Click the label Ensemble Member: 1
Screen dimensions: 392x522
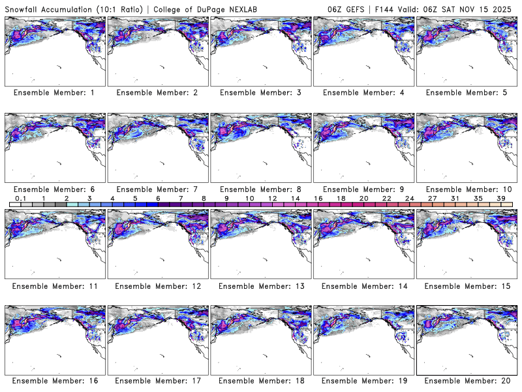point(54,93)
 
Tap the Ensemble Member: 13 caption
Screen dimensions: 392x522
point(260,286)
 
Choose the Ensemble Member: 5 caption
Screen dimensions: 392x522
point(466,93)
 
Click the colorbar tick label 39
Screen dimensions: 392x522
point(500,198)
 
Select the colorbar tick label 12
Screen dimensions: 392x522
point(272,198)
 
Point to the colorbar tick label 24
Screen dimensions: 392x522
point(409,198)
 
